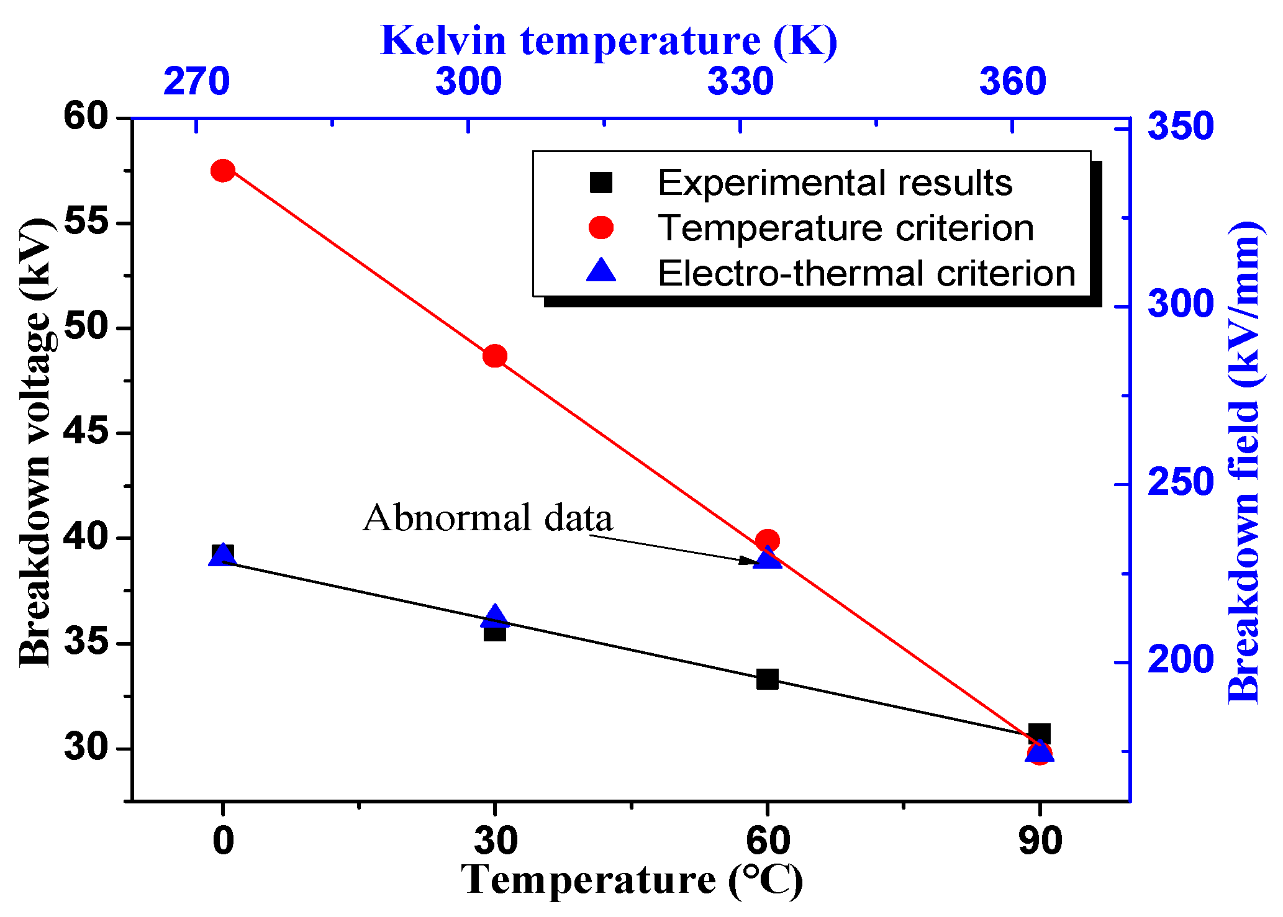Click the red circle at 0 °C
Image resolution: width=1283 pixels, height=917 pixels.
tap(222, 170)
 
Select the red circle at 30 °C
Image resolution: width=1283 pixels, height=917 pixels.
tap(495, 356)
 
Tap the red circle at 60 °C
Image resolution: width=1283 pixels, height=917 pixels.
tap(768, 541)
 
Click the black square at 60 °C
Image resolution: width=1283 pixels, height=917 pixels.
tap(768, 679)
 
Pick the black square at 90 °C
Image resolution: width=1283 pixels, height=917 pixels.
tap(1040, 733)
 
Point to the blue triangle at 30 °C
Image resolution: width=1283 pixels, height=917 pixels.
tap(495, 616)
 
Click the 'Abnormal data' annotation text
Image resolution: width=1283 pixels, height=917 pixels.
tap(488, 518)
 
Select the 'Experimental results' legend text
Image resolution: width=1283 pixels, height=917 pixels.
tap(835, 183)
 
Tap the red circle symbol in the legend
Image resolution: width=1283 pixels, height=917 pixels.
tap(601, 228)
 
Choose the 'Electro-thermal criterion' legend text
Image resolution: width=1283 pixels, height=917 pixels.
tap(866, 273)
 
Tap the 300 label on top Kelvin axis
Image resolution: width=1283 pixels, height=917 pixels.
tap(468, 81)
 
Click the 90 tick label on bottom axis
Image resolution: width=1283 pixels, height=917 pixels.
tap(1040, 841)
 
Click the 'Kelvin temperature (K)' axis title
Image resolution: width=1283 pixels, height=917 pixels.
tap(609, 40)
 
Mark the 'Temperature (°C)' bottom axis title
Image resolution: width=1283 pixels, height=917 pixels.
tap(632, 880)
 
